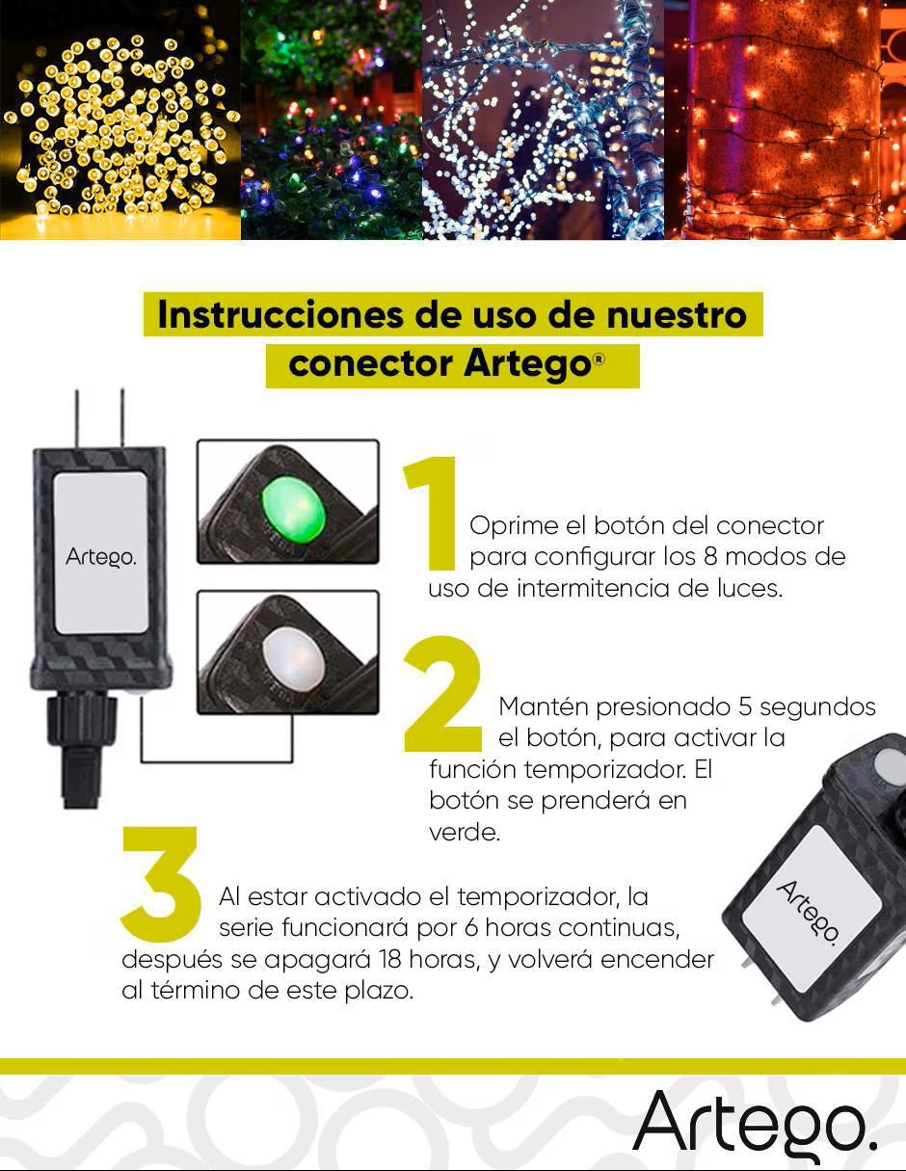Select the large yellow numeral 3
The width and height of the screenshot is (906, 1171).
pos(160,885)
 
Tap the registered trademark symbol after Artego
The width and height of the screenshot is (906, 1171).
pos(600,359)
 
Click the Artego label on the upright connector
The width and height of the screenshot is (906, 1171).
pos(100,556)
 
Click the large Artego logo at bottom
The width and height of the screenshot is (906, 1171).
pos(756,1124)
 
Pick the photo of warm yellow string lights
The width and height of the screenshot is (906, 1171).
pos(120,120)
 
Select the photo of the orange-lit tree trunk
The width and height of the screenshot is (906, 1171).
pos(785,120)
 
